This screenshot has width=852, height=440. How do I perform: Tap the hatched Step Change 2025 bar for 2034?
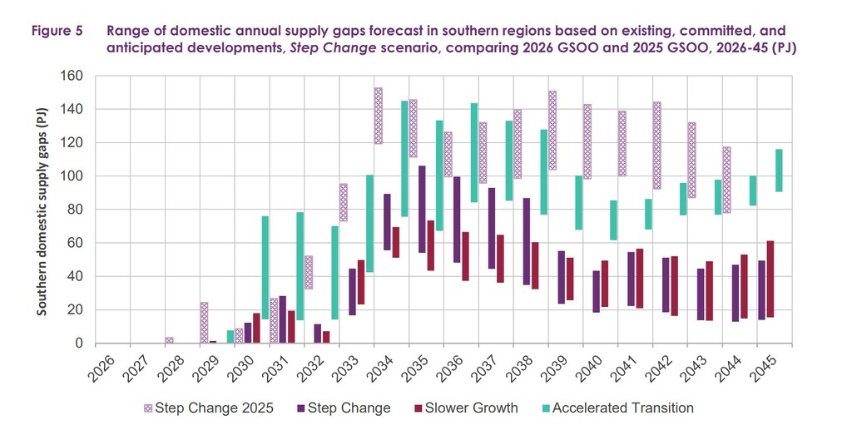(378, 116)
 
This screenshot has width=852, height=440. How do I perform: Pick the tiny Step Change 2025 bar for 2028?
(169, 339)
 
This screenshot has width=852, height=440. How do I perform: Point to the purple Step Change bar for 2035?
(422, 210)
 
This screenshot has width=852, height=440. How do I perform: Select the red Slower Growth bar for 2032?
(326, 337)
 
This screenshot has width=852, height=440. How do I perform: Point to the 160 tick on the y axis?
(76, 76)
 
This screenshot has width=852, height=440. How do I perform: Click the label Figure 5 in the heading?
(57, 31)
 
